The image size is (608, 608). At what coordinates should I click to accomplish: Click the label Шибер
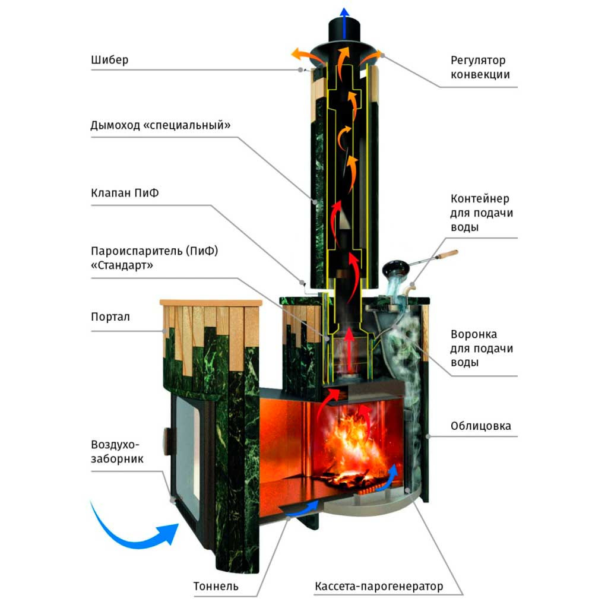[x=110, y=60]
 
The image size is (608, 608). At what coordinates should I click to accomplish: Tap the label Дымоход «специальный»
[x=160, y=125]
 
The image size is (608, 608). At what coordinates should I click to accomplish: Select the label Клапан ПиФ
[x=125, y=193]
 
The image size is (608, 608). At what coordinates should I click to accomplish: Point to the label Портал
[x=110, y=317]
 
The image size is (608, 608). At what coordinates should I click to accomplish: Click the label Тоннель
[x=216, y=586]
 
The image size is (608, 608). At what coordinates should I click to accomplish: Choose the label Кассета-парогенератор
[x=379, y=586]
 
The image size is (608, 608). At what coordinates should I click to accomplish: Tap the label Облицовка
[x=481, y=426]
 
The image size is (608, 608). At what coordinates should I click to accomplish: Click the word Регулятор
[x=478, y=61]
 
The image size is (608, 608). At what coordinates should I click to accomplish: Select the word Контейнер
[x=480, y=198]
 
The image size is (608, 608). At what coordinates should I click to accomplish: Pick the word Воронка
[x=473, y=334]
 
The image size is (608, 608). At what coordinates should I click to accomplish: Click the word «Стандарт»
[x=122, y=265]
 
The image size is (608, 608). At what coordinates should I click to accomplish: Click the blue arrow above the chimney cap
[x=344, y=23]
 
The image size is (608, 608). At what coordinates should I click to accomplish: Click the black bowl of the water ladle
[x=396, y=267]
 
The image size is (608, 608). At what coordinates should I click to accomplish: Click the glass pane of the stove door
[x=188, y=450]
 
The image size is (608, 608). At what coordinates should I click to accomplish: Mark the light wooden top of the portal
[x=211, y=302]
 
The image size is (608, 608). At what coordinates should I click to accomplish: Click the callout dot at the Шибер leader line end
[x=300, y=70]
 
